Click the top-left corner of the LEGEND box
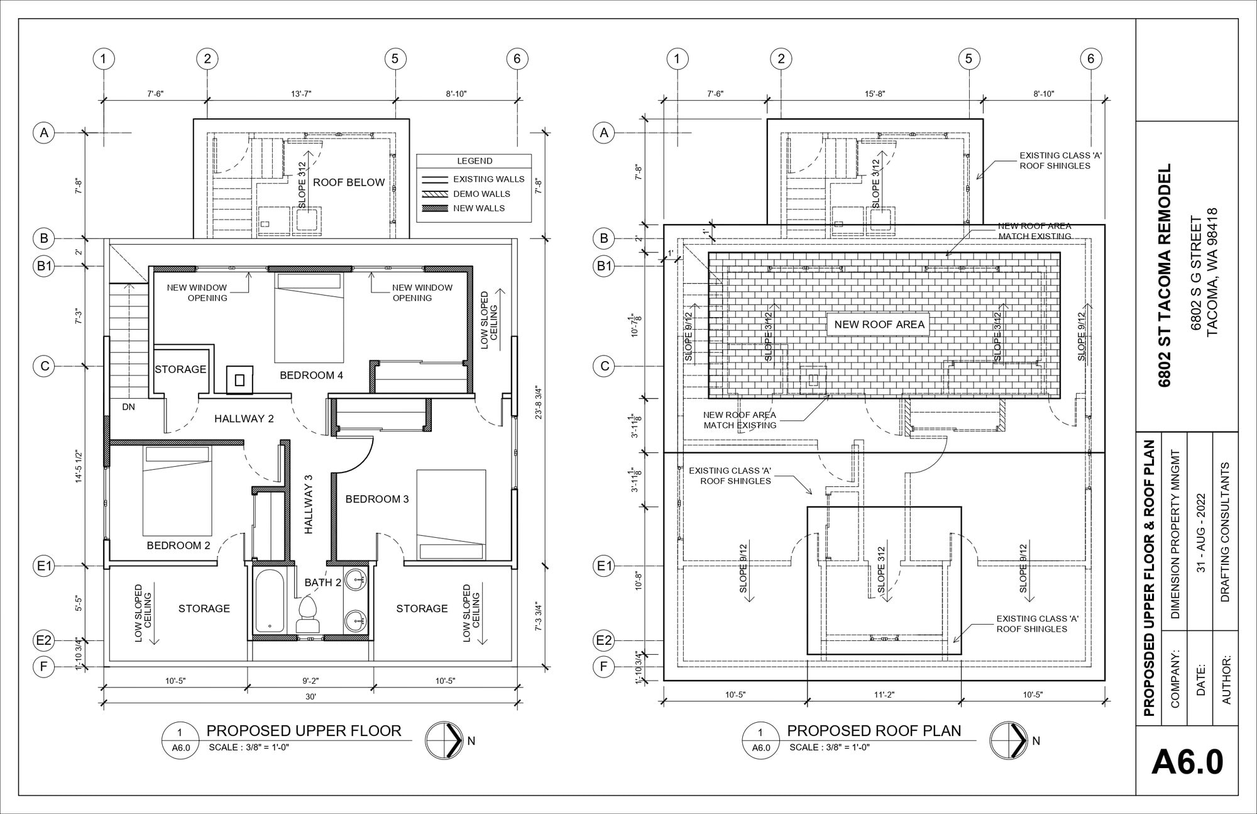coord(417,154)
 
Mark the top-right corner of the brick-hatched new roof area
coord(1060,252)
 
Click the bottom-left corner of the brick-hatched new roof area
coord(708,398)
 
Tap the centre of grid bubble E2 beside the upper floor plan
coord(43,640)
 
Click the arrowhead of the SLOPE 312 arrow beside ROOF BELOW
coord(307,152)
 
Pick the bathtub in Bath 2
coord(270,600)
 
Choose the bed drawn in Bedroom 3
coord(451,515)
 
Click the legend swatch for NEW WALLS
coord(434,208)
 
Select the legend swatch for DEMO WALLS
coord(434,194)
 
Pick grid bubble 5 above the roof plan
coord(969,59)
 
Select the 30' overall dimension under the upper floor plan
coord(310,696)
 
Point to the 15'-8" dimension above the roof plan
coord(874,94)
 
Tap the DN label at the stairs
coord(128,407)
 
